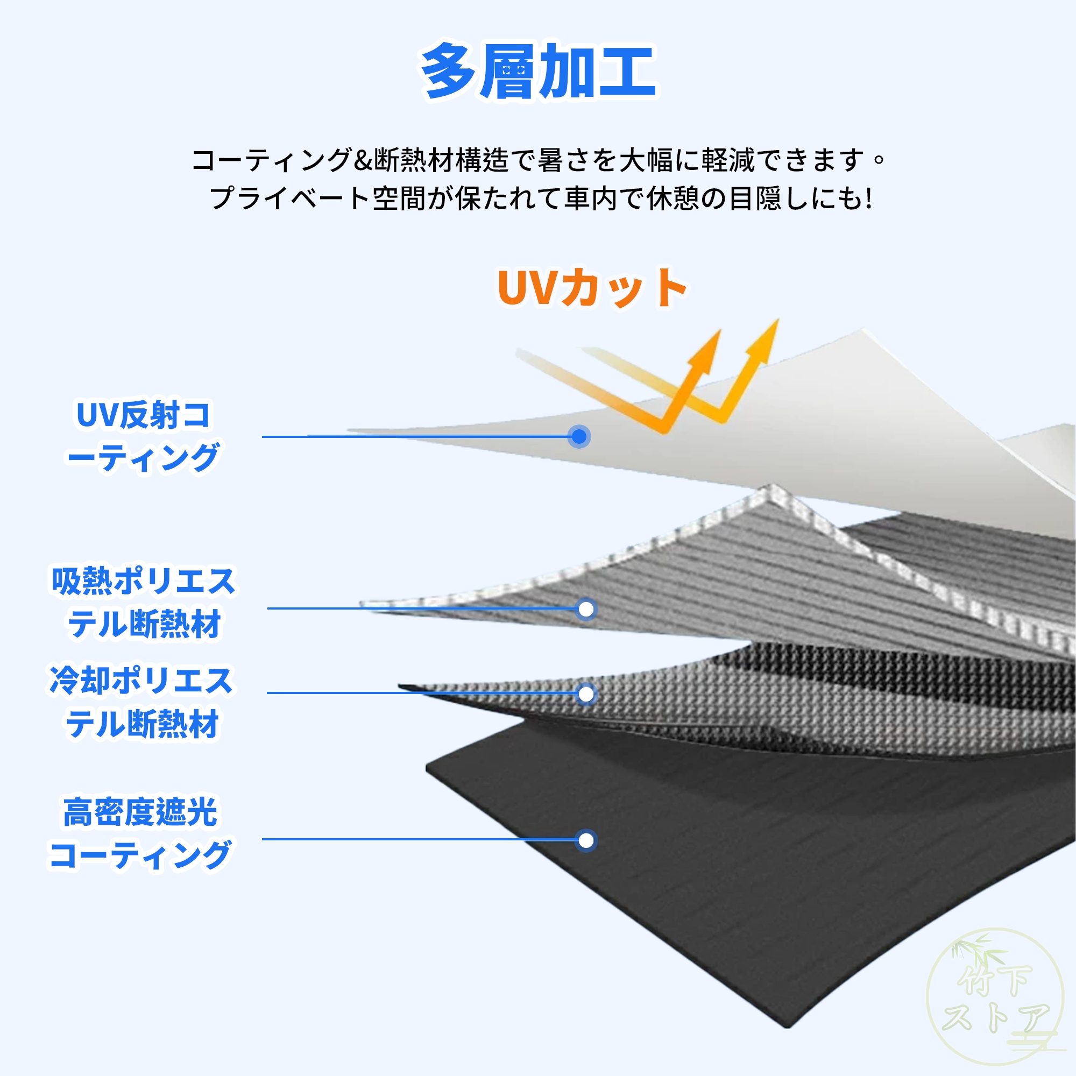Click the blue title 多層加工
pyautogui.click(x=539, y=72)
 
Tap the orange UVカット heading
pyautogui.click(x=592, y=287)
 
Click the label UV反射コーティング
pyautogui.click(x=143, y=437)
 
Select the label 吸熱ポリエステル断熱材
pyautogui.click(x=143, y=603)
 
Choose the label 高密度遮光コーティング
pyautogui.click(x=140, y=834)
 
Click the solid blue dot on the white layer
pyautogui.click(x=579, y=437)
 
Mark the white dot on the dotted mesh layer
pyautogui.click(x=586, y=694)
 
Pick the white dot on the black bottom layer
pyautogui.click(x=586, y=840)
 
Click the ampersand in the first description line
pyautogui.click(x=363, y=160)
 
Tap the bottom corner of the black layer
pyautogui.click(x=788, y=1027)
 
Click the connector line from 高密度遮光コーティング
pyautogui.click(x=417, y=839)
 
